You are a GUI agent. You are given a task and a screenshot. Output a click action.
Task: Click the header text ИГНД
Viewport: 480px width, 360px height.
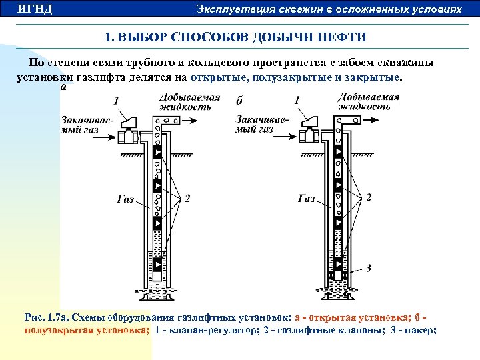point(35,9)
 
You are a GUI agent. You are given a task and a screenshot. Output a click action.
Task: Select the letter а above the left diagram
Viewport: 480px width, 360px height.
point(63,86)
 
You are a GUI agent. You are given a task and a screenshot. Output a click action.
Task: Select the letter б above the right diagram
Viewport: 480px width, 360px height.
point(238,101)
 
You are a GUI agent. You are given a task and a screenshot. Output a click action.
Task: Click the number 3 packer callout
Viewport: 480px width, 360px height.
point(369,268)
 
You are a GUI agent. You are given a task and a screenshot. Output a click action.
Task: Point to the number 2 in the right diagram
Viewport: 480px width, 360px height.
point(369,197)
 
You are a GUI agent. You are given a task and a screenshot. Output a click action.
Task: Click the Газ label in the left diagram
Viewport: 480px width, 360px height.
point(125,198)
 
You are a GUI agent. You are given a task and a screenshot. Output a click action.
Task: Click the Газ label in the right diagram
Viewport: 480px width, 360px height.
point(307,198)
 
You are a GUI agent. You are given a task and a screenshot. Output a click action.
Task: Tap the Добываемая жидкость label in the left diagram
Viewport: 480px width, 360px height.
point(189,102)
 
